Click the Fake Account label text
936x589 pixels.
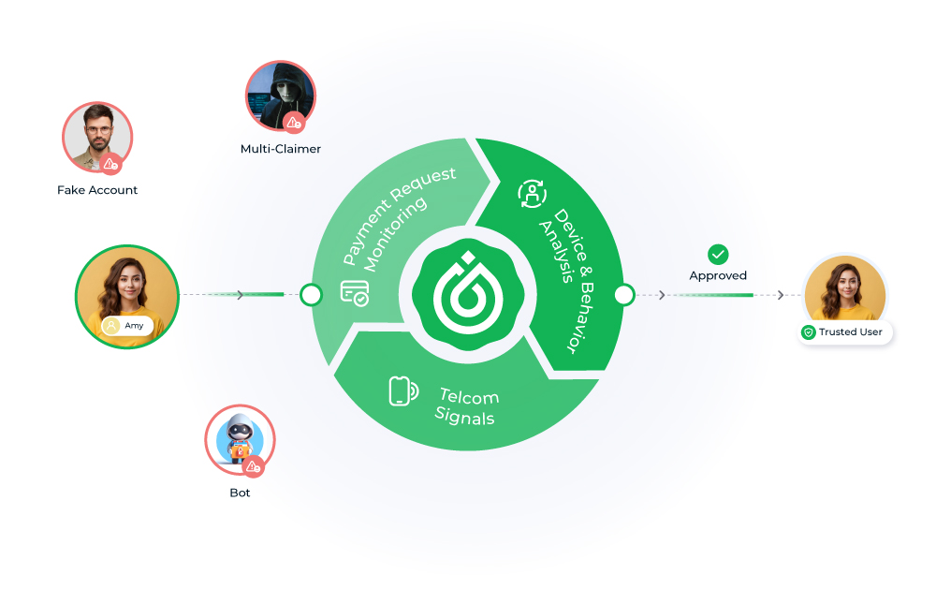97,190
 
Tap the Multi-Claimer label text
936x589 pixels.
281,149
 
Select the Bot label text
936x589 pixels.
240,493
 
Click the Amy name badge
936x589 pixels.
127,325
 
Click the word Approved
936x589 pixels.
718,275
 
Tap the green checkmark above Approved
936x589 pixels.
718,254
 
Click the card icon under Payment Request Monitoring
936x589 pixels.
354,293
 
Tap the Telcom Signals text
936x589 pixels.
467,405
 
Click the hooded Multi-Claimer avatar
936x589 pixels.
280,97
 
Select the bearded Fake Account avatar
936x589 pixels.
97,138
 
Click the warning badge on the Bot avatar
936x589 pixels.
254,465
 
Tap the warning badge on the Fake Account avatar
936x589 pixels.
111,164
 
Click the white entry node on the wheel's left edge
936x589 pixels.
311,296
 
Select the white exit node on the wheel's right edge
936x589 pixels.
623,296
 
